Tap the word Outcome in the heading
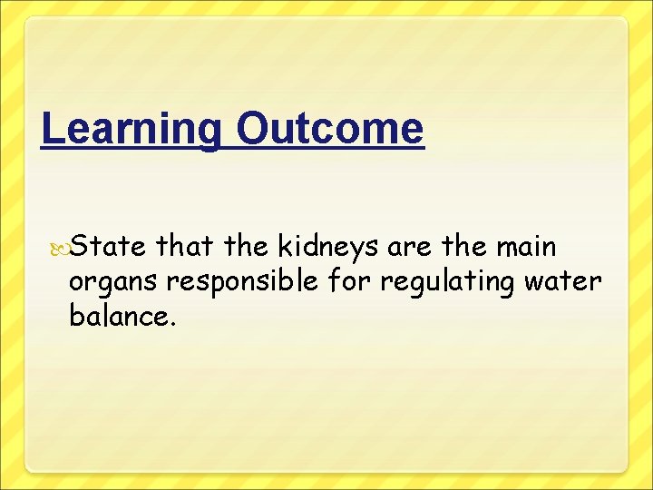329,129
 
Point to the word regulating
447,283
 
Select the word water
562,282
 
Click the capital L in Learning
52,129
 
